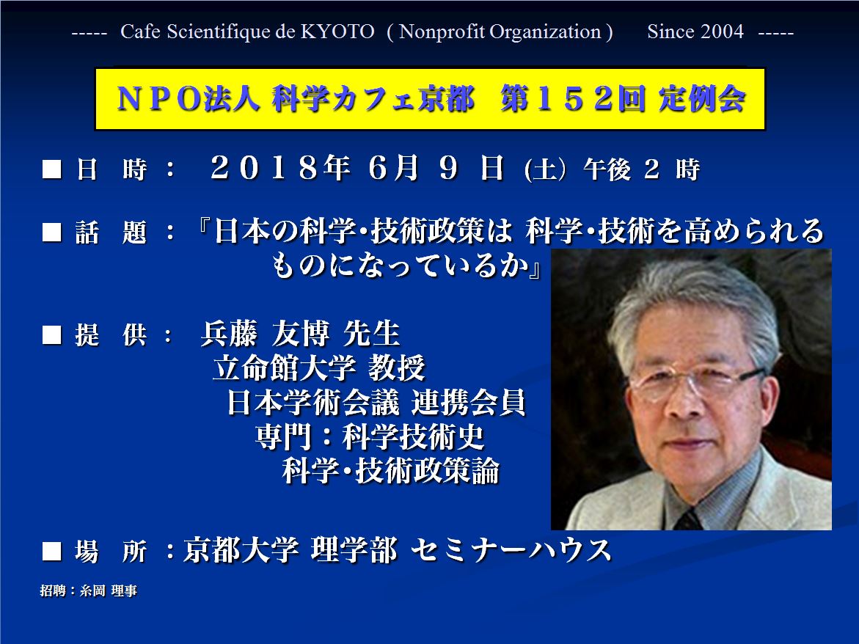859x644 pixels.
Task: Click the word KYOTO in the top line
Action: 337,32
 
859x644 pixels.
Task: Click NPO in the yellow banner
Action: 159,100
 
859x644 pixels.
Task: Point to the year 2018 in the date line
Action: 265,167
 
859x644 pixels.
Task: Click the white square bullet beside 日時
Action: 52,169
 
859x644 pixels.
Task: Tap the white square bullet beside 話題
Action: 52,233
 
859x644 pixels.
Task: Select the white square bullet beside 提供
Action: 52,335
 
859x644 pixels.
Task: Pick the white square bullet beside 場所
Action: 52,552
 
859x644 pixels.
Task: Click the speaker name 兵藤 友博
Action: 265,334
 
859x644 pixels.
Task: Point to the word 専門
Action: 284,436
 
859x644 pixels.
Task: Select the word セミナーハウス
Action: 511,550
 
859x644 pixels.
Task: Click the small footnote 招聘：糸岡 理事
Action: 89,591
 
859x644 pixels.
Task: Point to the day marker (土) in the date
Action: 545,169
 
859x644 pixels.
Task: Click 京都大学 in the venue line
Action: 241,550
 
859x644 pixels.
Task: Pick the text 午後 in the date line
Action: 607,169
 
